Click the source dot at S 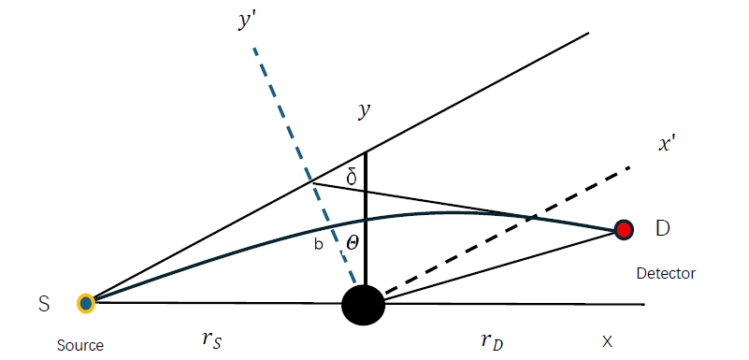[x=86, y=303]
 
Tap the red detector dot [x=624, y=230]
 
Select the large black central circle [x=364, y=305]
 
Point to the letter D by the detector [x=662, y=227]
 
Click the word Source [x=79, y=345]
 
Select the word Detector [x=666, y=273]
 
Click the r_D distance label [x=494, y=340]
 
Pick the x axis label [x=607, y=341]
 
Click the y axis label [x=364, y=111]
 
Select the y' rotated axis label [x=248, y=24]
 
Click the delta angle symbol [x=352, y=177]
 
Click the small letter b [x=319, y=246]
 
